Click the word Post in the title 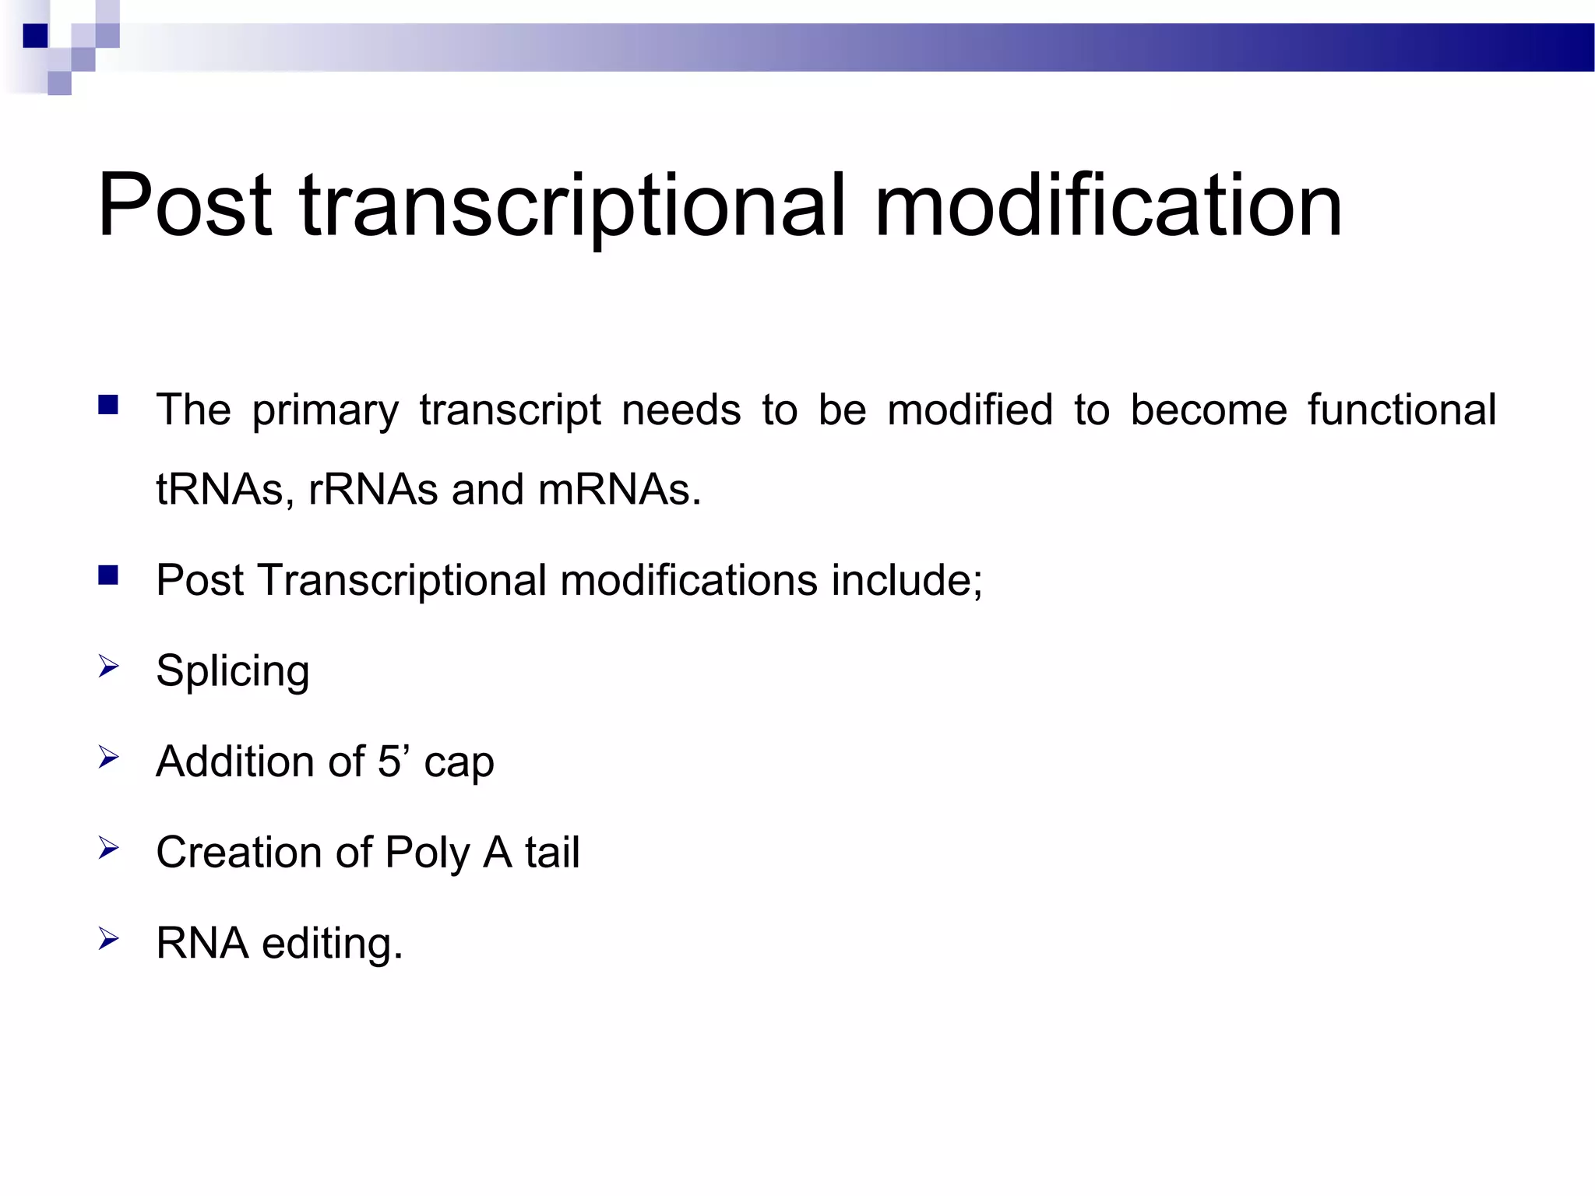point(185,206)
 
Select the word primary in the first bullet point(325,412)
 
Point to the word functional point(1402,410)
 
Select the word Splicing point(232,671)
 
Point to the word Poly point(428,853)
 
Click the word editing point(331,944)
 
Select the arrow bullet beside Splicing point(108,667)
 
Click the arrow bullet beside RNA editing point(108,939)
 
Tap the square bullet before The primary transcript point(108,405)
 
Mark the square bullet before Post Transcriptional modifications point(108,575)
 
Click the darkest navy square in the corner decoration point(35,36)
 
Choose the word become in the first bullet point(1208,410)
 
